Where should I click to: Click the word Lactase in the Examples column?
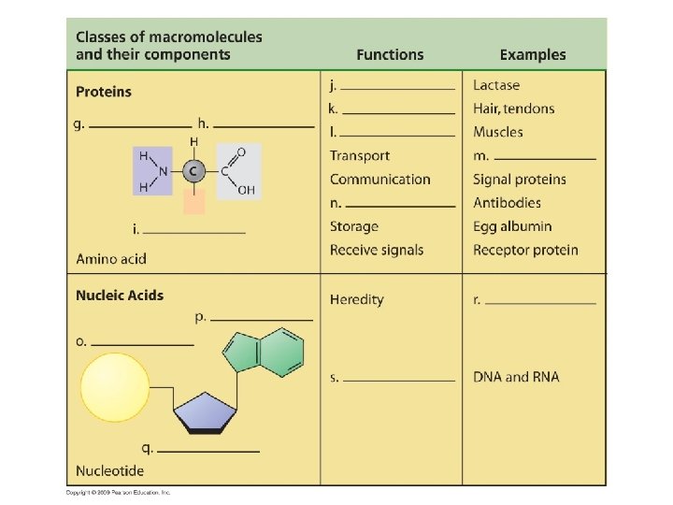click(x=496, y=86)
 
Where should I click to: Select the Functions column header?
click(x=390, y=55)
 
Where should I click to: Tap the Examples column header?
click(x=532, y=55)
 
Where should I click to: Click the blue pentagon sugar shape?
click(x=206, y=412)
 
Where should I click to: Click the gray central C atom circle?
click(x=193, y=171)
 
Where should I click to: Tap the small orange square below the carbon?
click(x=194, y=201)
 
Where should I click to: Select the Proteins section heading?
click(x=104, y=92)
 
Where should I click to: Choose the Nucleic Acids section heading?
click(x=120, y=296)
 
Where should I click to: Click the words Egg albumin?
click(x=512, y=226)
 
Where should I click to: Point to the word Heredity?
click(x=356, y=300)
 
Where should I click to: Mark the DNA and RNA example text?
click(x=516, y=377)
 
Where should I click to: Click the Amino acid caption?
click(x=111, y=259)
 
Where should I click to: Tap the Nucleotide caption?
click(x=110, y=470)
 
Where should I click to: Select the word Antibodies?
click(x=507, y=203)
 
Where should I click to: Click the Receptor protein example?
click(x=525, y=250)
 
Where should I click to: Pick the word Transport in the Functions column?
click(x=359, y=156)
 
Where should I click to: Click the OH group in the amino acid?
click(x=246, y=190)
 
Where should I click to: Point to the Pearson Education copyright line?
click(x=119, y=493)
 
